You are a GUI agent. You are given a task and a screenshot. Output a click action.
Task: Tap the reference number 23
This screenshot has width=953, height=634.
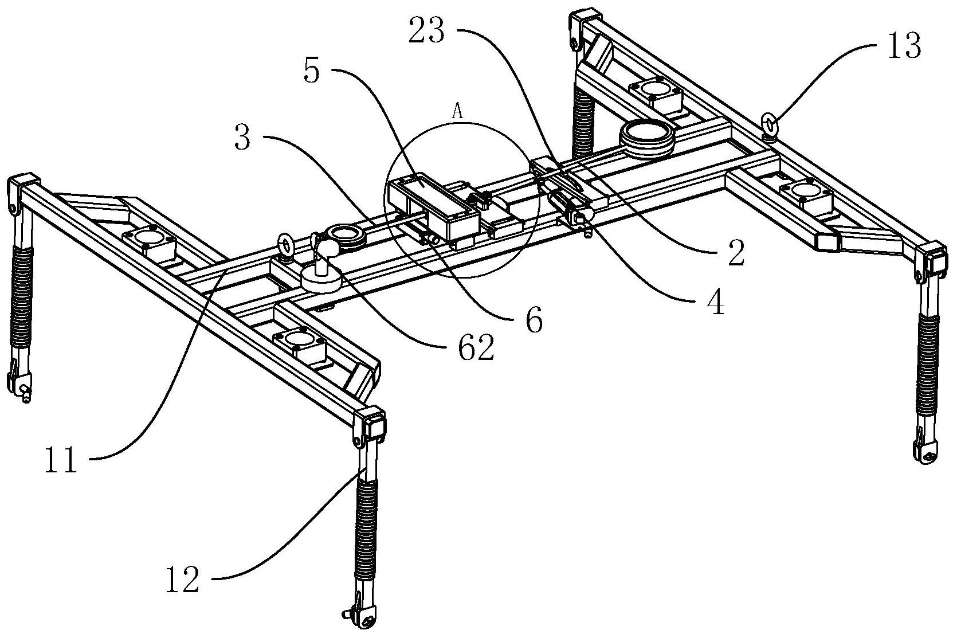pos(427,31)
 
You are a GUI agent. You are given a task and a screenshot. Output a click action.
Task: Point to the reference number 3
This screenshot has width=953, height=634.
pos(242,138)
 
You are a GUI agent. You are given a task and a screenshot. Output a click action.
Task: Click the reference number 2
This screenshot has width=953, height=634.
pos(736,253)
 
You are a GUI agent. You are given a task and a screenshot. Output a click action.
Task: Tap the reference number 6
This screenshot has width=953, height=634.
pos(534,320)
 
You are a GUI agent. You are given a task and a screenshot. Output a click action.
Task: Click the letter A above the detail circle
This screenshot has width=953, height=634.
pos(457,111)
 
